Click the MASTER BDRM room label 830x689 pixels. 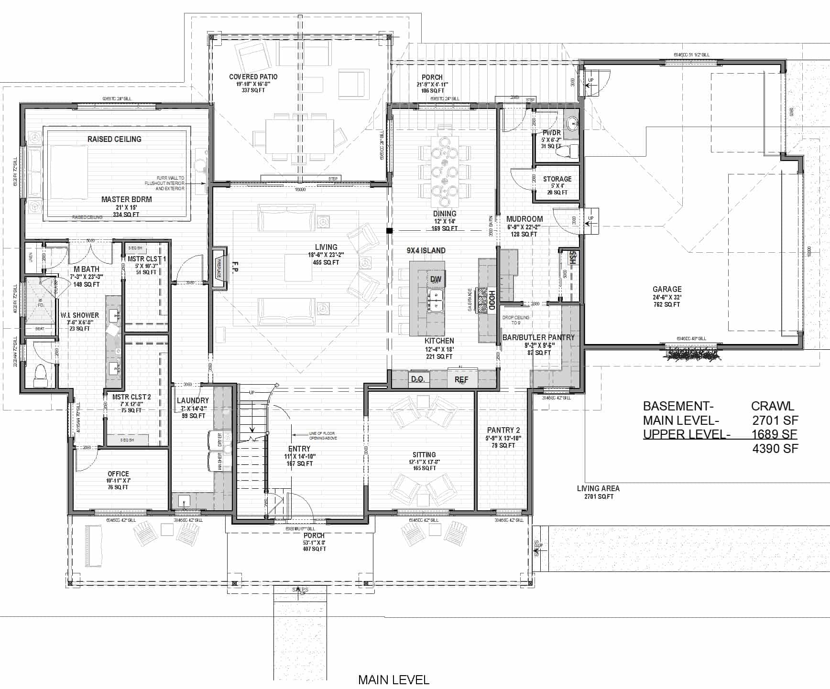click(x=126, y=199)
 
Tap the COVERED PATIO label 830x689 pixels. click(x=253, y=76)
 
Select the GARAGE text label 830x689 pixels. click(x=666, y=289)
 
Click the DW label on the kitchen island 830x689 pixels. click(x=435, y=279)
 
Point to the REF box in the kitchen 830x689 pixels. click(x=461, y=380)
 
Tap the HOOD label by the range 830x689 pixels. click(x=491, y=300)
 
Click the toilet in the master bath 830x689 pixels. click(x=40, y=375)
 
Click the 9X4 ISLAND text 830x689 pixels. click(x=426, y=250)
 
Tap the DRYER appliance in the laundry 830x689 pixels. click(x=219, y=440)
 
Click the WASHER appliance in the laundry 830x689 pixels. click(x=219, y=462)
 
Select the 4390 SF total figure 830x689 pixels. click(x=775, y=448)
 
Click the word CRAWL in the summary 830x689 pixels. click(x=772, y=406)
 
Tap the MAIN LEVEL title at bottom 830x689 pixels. click(x=393, y=679)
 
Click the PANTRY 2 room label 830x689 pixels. click(x=503, y=430)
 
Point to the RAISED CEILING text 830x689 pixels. click(x=114, y=139)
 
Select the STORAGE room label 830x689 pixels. click(x=557, y=179)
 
